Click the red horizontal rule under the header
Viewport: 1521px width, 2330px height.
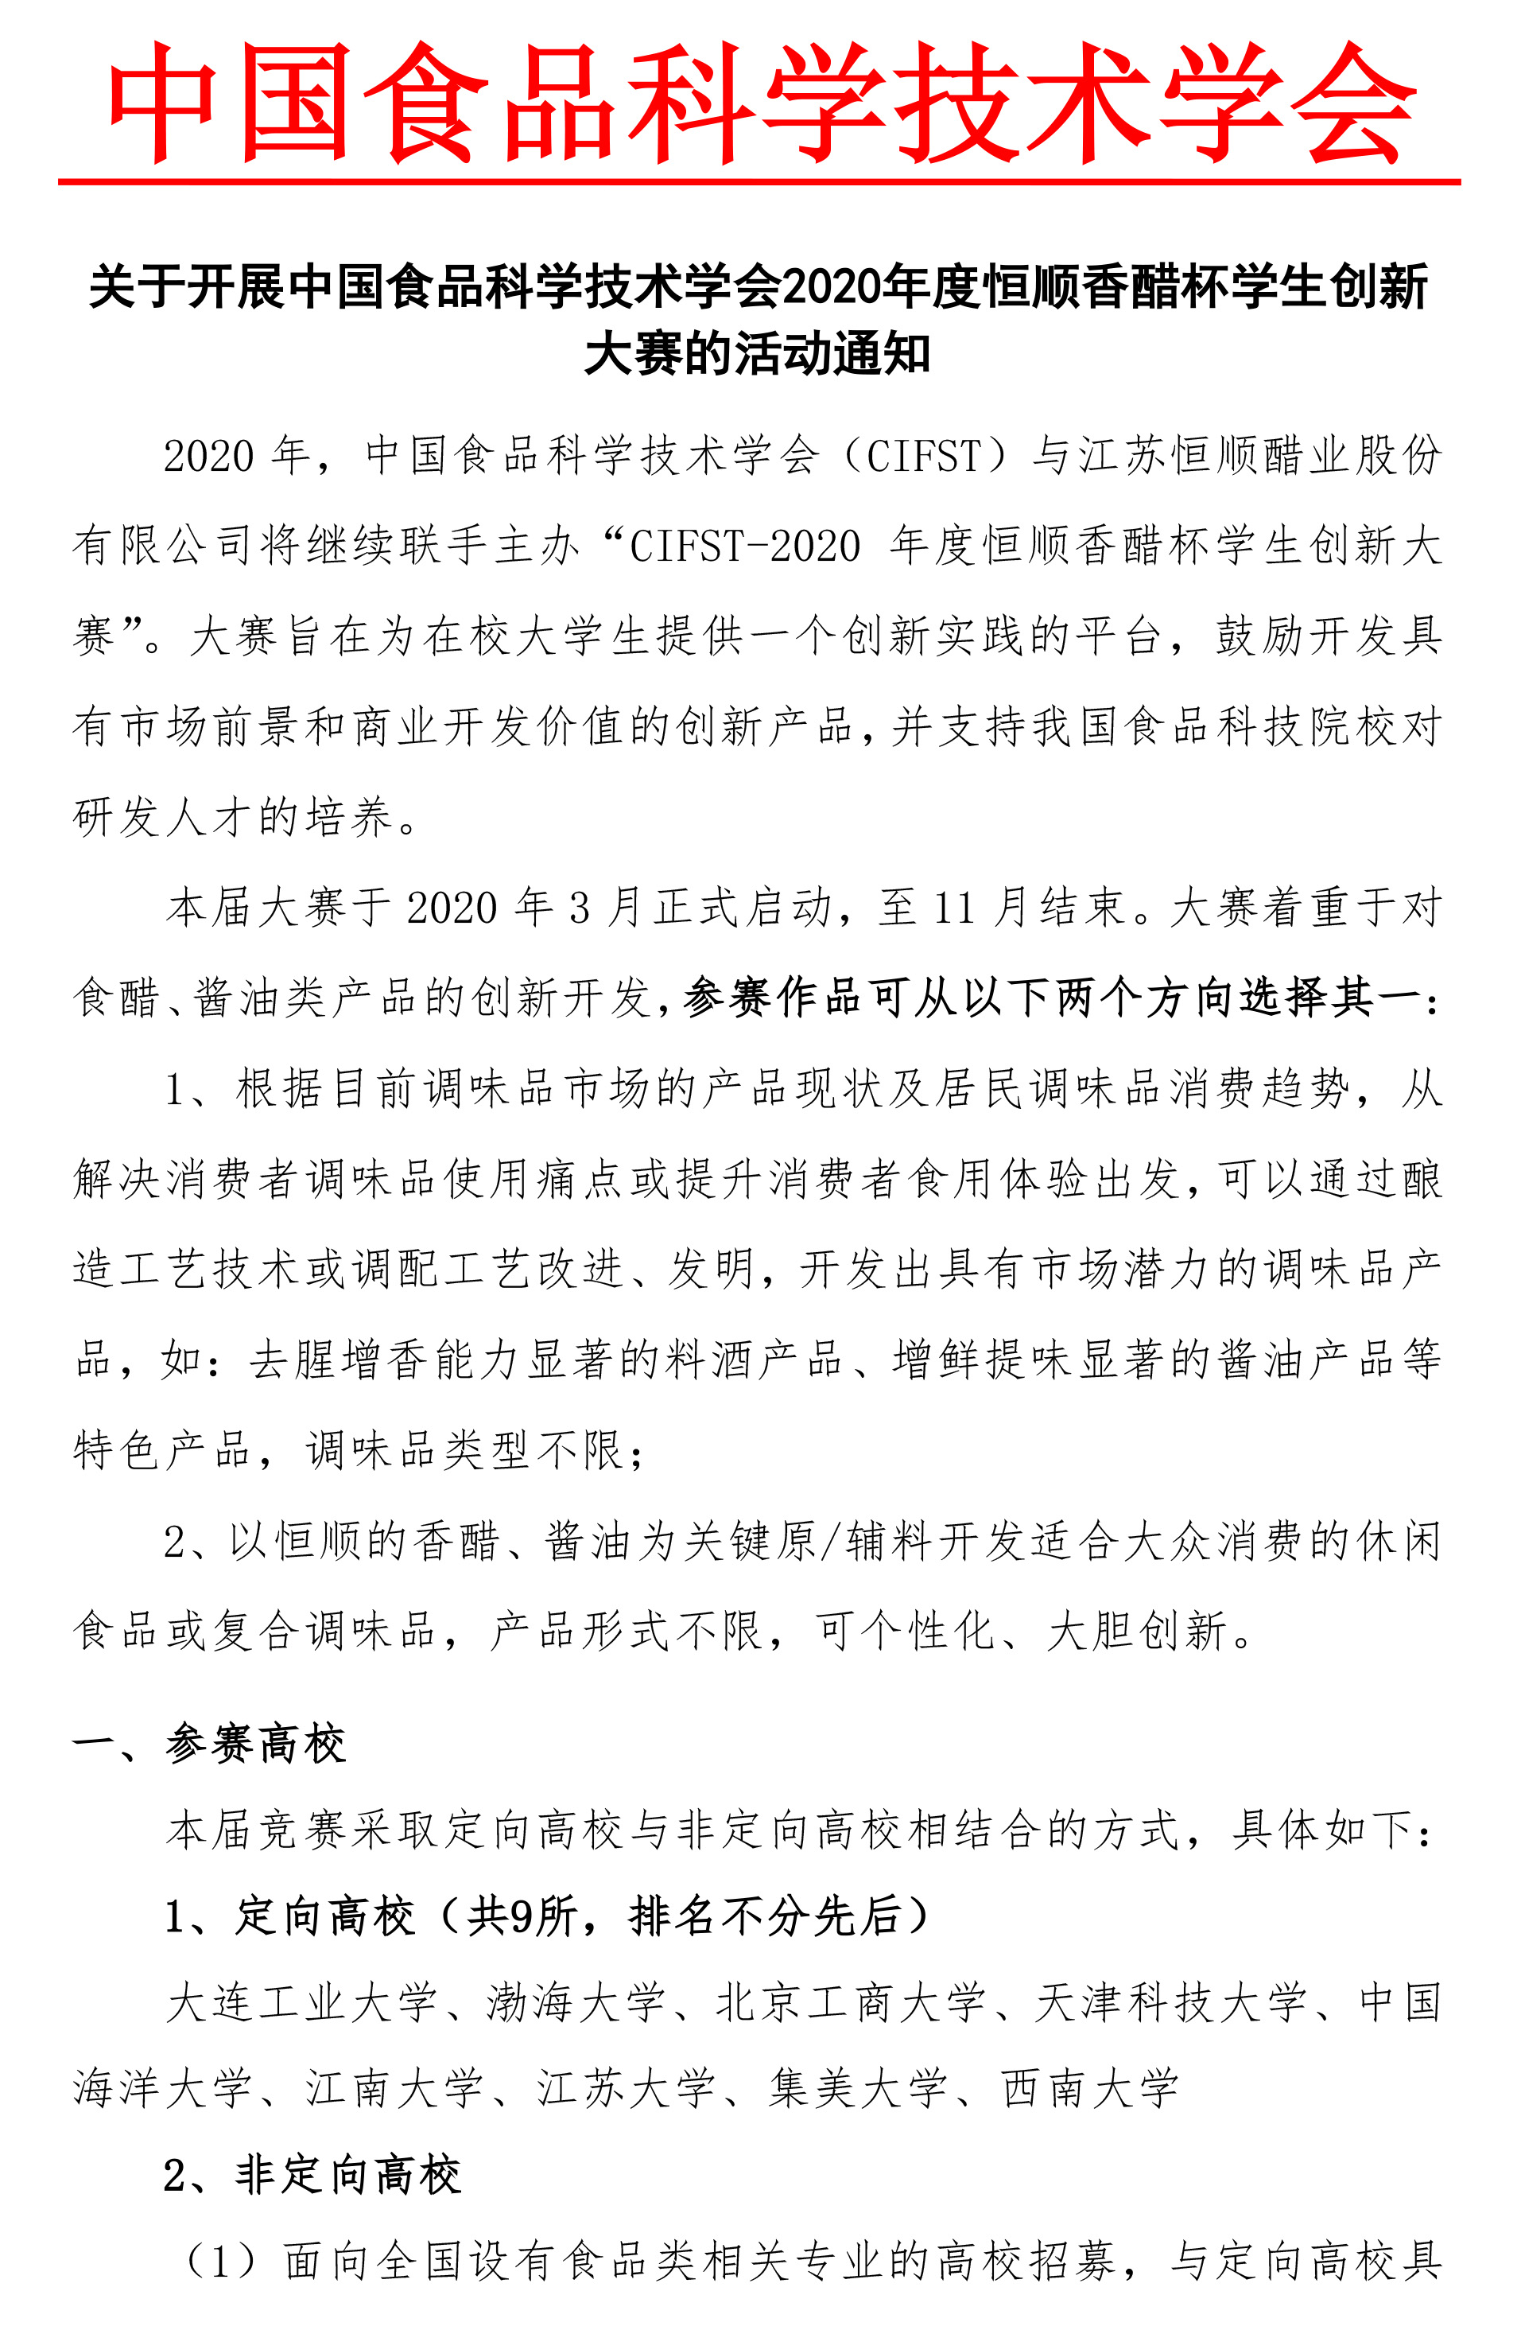tap(759, 182)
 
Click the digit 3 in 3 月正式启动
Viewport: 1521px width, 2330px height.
tap(580, 908)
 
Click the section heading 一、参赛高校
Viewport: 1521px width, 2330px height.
tap(208, 1744)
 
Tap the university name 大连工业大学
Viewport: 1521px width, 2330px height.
tap(301, 2003)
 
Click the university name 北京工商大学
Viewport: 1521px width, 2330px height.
tap(850, 2003)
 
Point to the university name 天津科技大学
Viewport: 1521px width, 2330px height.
tap(1170, 2003)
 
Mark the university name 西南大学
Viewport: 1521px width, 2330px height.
tap(1089, 2089)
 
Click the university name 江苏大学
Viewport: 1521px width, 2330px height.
tap(627, 2089)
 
